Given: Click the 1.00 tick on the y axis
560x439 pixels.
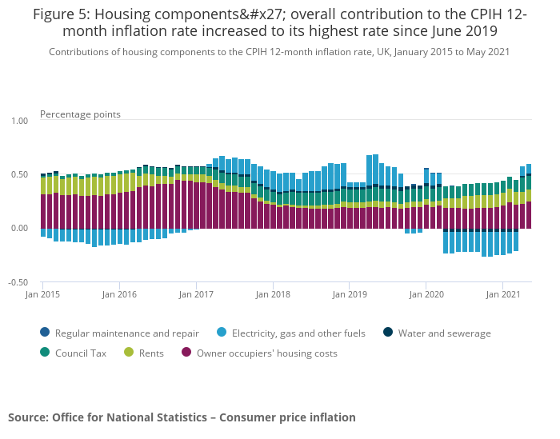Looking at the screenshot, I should coord(18,121).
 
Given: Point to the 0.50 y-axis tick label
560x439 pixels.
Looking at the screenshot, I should coord(18,174).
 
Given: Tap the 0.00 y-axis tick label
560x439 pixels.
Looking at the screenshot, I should coord(18,229).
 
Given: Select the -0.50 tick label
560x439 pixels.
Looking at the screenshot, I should coord(18,282).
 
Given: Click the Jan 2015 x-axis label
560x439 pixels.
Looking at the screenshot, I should coord(42,295).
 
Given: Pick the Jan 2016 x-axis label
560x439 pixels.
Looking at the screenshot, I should coord(119,295).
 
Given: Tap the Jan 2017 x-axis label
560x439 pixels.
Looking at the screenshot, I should coord(196,295).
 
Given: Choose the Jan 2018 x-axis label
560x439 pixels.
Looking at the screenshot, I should coord(273,295).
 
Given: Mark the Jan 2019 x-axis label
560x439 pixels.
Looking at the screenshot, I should coord(350,295).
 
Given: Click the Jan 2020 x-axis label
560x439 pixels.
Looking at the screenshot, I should coord(426,295).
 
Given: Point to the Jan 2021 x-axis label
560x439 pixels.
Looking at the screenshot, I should coord(503,295).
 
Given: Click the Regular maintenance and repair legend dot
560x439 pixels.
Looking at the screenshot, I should coord(44,333).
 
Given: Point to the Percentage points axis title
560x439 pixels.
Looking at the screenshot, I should coord(80,114).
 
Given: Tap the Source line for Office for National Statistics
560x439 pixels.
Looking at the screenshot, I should coord(182,417).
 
